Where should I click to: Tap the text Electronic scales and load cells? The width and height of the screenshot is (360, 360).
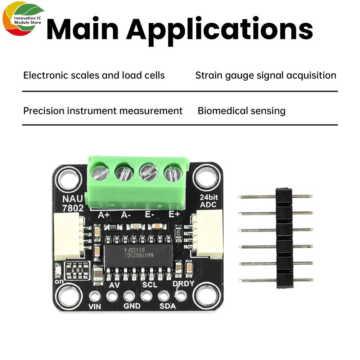[x=94, y=75]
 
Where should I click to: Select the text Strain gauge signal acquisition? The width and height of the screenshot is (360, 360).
[x=266, y=75]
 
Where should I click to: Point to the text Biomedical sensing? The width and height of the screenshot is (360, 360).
[x=242, y=111]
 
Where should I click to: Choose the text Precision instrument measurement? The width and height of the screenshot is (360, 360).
[x=103, y=111]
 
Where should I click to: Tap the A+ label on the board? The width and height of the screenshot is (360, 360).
[x=104, y=215]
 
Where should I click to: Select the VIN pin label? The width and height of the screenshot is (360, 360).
[x=95, y=307]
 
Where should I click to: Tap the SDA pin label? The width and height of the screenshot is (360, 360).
[x=167, y=306]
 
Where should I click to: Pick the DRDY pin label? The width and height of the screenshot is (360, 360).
[x=183, y=284]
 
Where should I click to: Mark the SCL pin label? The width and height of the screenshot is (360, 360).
[x=150, y=284]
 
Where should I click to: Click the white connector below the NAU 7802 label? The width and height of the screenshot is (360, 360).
[x=67, y=236]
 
